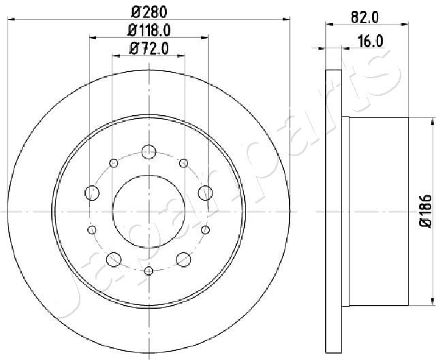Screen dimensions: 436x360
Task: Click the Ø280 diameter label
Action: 149,12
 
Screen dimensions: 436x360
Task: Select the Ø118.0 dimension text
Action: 149,30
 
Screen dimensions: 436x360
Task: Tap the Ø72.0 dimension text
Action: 149,49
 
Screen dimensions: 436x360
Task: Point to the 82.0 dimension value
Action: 364,18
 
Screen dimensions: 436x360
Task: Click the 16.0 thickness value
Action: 370,42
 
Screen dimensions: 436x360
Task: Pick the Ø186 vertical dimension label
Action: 426,212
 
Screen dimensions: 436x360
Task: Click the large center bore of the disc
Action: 149,212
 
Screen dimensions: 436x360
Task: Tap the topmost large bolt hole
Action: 149,152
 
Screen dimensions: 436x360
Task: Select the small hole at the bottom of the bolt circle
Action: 149,271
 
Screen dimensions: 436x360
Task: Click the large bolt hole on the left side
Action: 92,193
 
